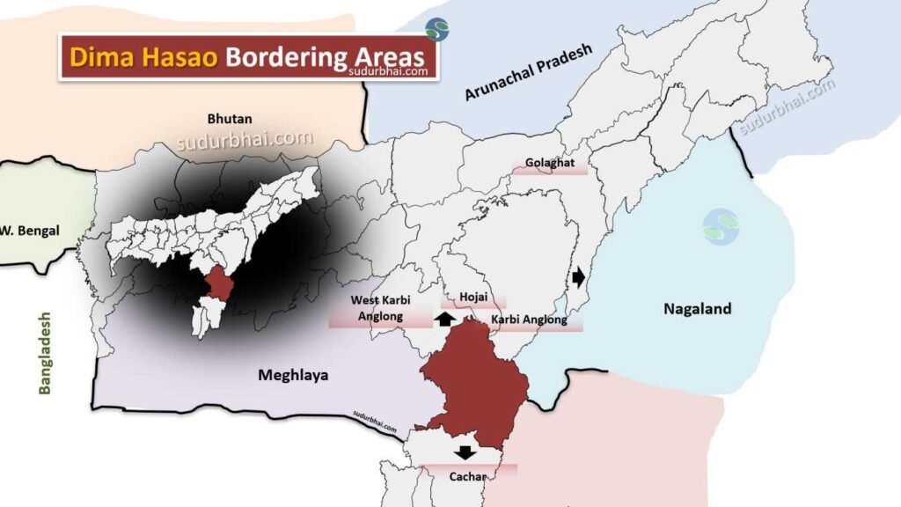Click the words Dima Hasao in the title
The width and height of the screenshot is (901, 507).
(143, 56)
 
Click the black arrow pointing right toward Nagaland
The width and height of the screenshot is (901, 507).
(577, 277)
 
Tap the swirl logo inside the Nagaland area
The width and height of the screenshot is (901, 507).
(721, 226)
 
